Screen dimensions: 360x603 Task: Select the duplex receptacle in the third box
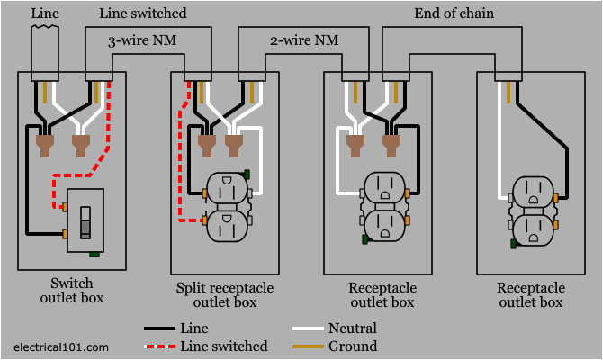click(384, 206)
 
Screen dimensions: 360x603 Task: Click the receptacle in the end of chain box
click(534, 210)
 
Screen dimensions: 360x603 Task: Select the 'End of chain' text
click(454, 13)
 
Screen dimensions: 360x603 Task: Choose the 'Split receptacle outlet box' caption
click(225, 294)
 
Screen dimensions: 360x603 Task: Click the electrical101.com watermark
click(60, 346)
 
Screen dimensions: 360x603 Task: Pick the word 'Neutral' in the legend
click(354, 328)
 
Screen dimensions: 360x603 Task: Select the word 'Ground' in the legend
click(353, 346)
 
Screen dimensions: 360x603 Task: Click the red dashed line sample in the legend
click(159, 346)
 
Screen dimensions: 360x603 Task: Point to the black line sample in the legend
click(159, 328)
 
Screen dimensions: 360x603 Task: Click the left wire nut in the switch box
click(45, 145)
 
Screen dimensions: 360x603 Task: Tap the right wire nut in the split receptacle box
click(234, 145)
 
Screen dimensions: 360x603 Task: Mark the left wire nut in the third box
click(357, 144)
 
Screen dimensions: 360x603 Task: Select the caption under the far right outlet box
click(531, 294)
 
